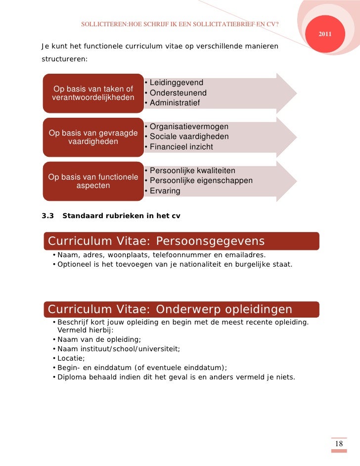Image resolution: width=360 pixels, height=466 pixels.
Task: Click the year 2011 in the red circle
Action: (325, 34)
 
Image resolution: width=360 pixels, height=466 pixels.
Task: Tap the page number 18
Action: (339, 444)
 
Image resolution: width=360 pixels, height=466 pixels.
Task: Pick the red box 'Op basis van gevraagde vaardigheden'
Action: (93, 137)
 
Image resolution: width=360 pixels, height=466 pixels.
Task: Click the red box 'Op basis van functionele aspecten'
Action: (93, 182)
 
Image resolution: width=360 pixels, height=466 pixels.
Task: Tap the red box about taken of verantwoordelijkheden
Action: (93, 93)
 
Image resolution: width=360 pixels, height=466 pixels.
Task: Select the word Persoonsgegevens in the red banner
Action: (210, 241)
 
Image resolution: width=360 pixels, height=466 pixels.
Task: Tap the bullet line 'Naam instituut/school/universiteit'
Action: (119, 349)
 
